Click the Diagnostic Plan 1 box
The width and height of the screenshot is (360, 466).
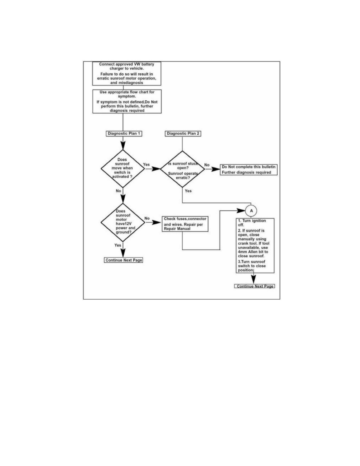124,133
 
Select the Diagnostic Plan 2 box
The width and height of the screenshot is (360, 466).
183,133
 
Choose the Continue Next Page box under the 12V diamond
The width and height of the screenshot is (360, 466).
124,260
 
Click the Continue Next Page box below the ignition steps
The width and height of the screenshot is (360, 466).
254,286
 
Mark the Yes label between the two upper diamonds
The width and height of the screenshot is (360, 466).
146,164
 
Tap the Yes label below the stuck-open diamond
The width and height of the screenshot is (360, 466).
188,191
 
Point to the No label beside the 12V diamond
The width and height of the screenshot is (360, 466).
147,218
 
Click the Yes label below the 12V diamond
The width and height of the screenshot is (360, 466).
118,245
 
